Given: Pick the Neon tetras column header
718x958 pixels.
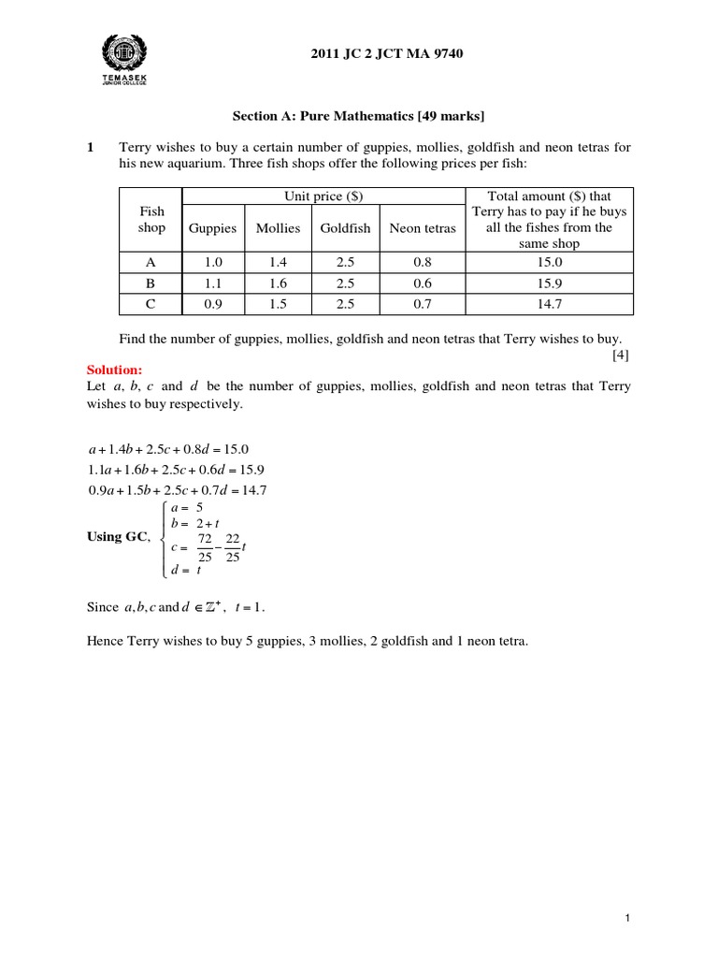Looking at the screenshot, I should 423,228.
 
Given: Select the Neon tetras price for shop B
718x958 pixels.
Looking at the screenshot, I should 423,283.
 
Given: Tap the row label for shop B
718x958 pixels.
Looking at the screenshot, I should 151,283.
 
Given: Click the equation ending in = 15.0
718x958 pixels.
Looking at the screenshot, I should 166,448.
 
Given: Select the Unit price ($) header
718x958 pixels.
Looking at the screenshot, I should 323,196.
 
